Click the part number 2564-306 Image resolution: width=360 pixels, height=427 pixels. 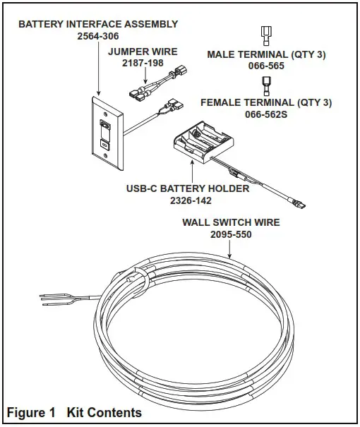[x=97, y=35]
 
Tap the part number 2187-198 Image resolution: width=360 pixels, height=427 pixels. [x=143, y=64]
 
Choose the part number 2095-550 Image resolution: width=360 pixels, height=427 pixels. [x=231, y=234]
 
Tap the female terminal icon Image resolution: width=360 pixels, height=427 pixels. [x=266, y=85]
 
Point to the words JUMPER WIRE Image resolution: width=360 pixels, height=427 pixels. [x=143, y=52]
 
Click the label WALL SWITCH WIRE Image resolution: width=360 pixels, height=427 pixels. [x=231, y=222]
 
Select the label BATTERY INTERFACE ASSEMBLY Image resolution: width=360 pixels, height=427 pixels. [x=97, y=24]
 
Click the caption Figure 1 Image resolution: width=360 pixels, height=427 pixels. [x=32, y=412]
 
